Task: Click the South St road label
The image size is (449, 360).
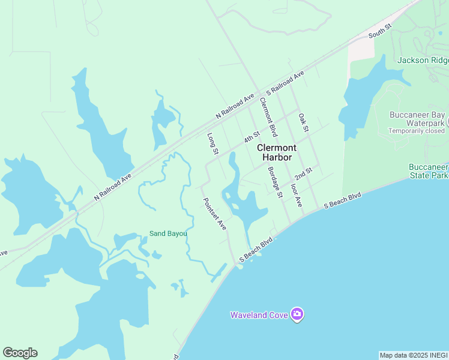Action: (x=379, y=31)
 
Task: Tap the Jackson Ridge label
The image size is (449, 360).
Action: (x=423, y=60)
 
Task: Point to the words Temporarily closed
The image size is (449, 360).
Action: (x=417, y=131)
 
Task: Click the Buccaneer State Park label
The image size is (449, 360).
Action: (x=429, y=172)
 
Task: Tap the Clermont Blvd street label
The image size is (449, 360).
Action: (x=268, y=116)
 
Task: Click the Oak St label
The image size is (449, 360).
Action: (x=303, y=122)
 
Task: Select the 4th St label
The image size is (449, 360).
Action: (x=252, y=137)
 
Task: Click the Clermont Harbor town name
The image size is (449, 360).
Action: (x=277, y=152)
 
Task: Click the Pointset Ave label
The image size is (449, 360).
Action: (x=214, y=214)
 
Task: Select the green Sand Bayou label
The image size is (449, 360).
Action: (x=168, y=233)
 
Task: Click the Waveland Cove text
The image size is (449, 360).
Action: (x=259, y=314)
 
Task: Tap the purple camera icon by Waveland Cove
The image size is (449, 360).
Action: (x=297, y=314)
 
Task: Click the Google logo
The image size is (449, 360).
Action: (x=20, y=353)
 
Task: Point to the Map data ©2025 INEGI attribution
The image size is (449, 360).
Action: (x=414, y=355)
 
